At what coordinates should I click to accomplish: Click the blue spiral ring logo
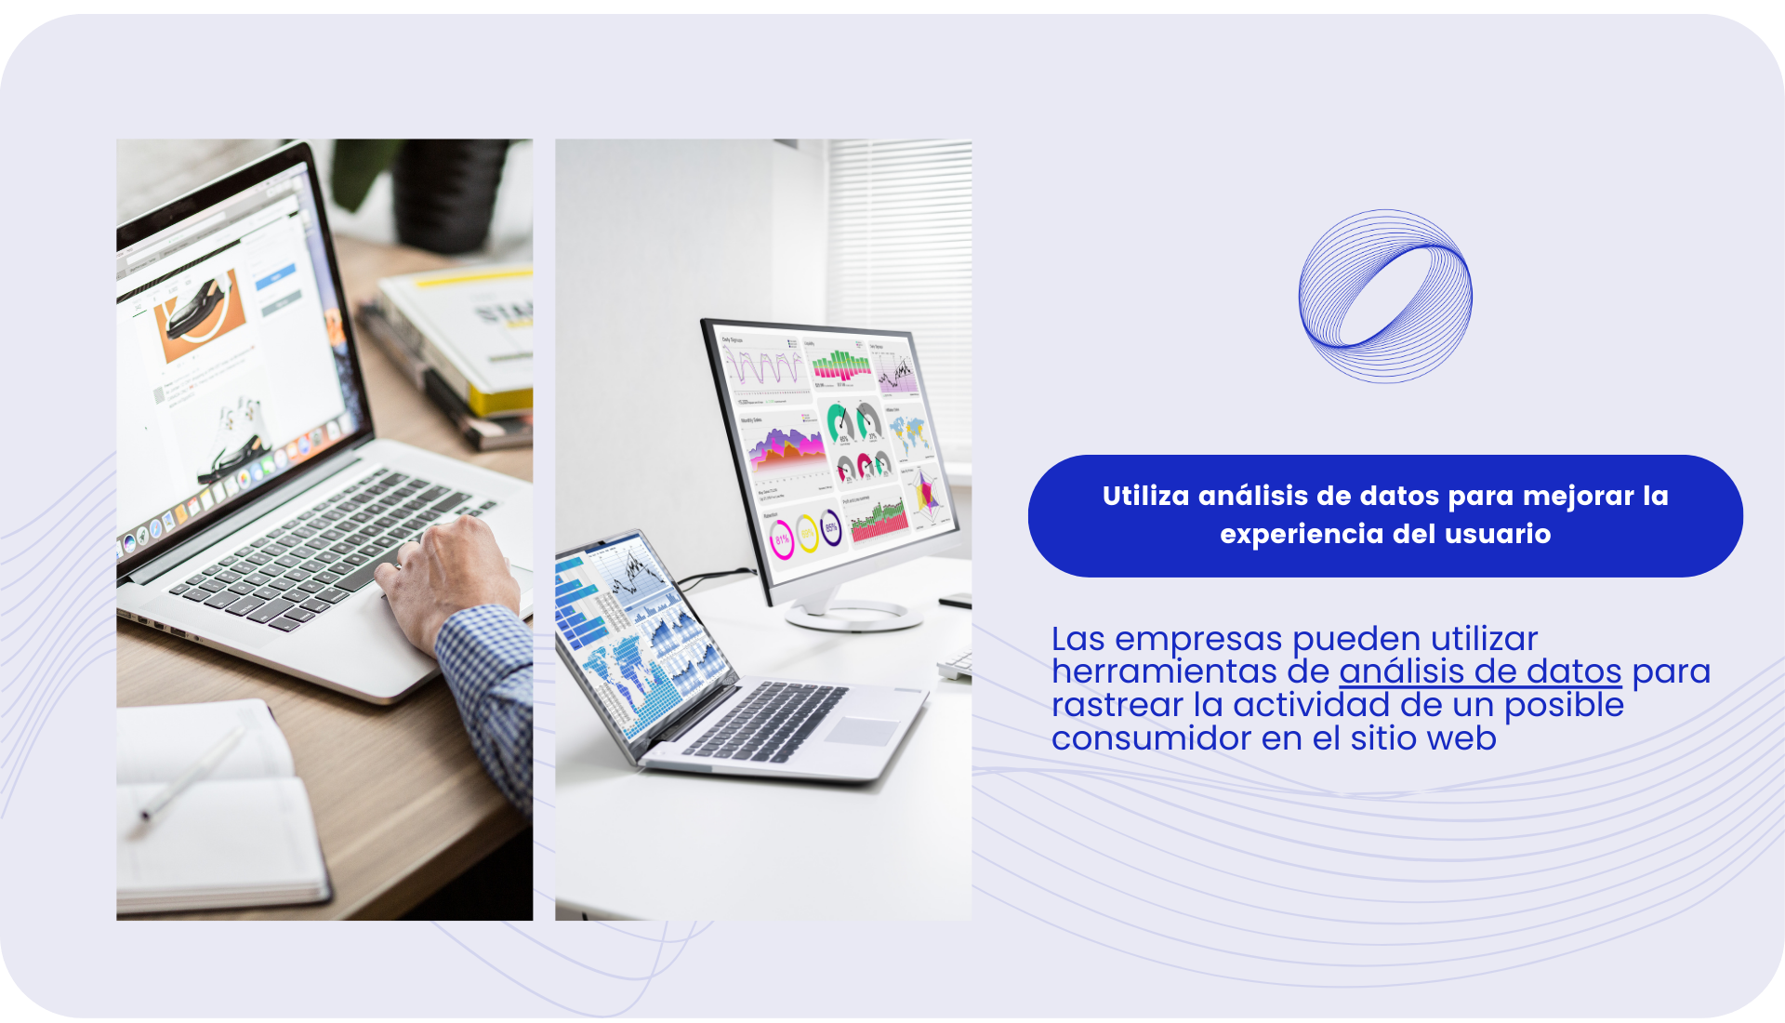point(1320,279)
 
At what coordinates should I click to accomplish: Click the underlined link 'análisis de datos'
point(1480,671)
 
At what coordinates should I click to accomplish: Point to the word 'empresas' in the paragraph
point(1198,640)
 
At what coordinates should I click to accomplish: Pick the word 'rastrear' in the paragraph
point(1117,705)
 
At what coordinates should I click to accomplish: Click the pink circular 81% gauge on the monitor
point(782,539)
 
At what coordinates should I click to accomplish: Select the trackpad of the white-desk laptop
point(863,731)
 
